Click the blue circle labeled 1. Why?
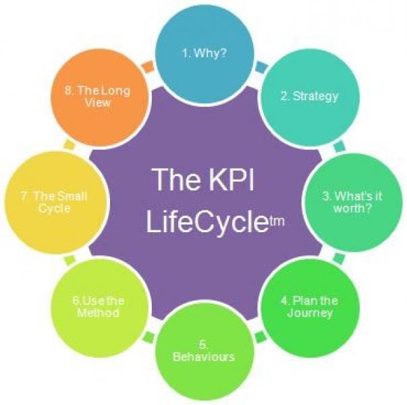coord(205,54)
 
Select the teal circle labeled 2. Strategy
coord(309,96)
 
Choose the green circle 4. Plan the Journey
coord(309,307)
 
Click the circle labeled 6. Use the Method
coord(100,307)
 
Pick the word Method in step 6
coord(100,313)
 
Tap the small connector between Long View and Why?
coord(147,67)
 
